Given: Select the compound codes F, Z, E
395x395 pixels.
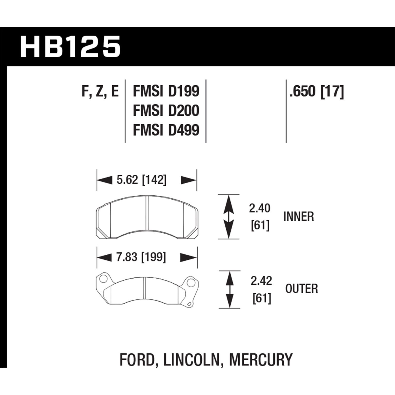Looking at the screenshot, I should [100, 91].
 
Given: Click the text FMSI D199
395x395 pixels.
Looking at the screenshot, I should [166, 91].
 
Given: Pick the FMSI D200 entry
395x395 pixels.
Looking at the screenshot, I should [166, 111].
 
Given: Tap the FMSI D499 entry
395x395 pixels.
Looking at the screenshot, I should [166, 130].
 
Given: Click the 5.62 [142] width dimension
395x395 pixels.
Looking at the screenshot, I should [141, 180].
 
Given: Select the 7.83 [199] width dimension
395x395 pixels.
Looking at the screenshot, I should [141, 257].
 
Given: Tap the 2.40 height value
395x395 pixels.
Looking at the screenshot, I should [260, 208].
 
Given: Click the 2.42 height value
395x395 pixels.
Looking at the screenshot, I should [261, 281].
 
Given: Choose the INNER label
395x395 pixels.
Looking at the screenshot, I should [299, 217].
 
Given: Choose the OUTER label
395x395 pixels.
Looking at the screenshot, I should [302, 289].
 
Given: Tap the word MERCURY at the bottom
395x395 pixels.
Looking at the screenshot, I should [261, 360].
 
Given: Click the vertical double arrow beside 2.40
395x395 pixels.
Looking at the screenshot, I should [228, 217].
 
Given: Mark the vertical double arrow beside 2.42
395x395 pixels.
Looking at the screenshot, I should [230, 289].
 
